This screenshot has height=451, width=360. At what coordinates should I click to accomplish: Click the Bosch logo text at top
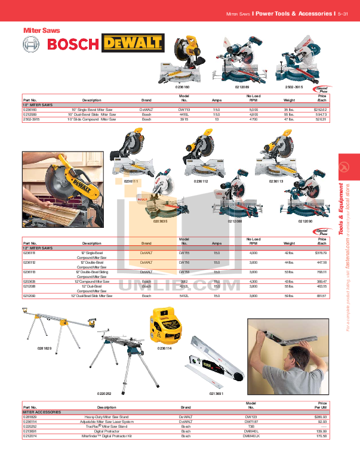(x=72, y=44)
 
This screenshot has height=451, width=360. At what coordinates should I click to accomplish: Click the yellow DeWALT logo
(x=133, y=43)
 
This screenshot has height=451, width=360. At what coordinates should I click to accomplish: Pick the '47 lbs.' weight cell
(x=290, y=119)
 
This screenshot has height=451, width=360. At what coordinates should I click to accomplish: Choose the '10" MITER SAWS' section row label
(x=36, y=105)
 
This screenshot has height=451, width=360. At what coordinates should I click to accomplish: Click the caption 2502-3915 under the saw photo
(x=295, y=87)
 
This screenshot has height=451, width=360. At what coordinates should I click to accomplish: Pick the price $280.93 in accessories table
(x=319, y=416)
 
